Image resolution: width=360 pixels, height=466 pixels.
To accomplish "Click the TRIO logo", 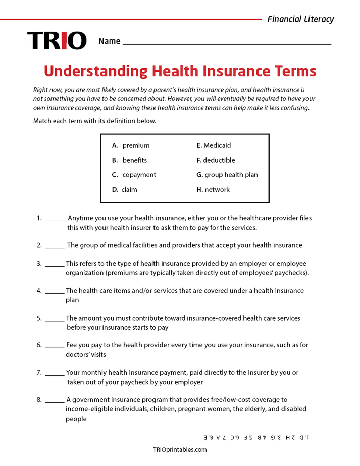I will (x=57, y=41).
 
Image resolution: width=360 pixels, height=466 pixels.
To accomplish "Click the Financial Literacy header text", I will (x=300, y=19).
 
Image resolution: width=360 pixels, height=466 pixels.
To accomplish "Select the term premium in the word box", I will (x=136, y=145).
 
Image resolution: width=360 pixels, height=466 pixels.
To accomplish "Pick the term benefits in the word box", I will (x=134, y=160).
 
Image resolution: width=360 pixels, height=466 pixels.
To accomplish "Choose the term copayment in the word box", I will (x=139, y=175).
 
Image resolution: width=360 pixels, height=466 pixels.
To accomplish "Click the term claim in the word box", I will (x=129, y=189).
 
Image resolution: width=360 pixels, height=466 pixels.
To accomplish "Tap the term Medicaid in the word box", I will (x=217, y=145).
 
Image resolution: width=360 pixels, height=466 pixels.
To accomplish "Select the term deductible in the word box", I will (x=219, y=160).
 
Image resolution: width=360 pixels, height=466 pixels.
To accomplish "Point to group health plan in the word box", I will (x=231, y=175).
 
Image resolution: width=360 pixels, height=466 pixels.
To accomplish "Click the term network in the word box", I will (x=217, y=189).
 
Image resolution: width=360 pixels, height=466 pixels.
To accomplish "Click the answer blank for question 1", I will (x=55, y=219).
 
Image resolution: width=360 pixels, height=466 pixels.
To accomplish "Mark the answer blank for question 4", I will (x=55, y=291).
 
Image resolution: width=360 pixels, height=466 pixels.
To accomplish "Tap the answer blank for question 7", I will (x=55, y=373).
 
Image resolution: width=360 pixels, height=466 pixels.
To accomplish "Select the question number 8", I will (x=39, y=399).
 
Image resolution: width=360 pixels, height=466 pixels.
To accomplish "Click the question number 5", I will (x=39, y=318).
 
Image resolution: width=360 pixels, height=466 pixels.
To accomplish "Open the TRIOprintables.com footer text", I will (x=180, y=449).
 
